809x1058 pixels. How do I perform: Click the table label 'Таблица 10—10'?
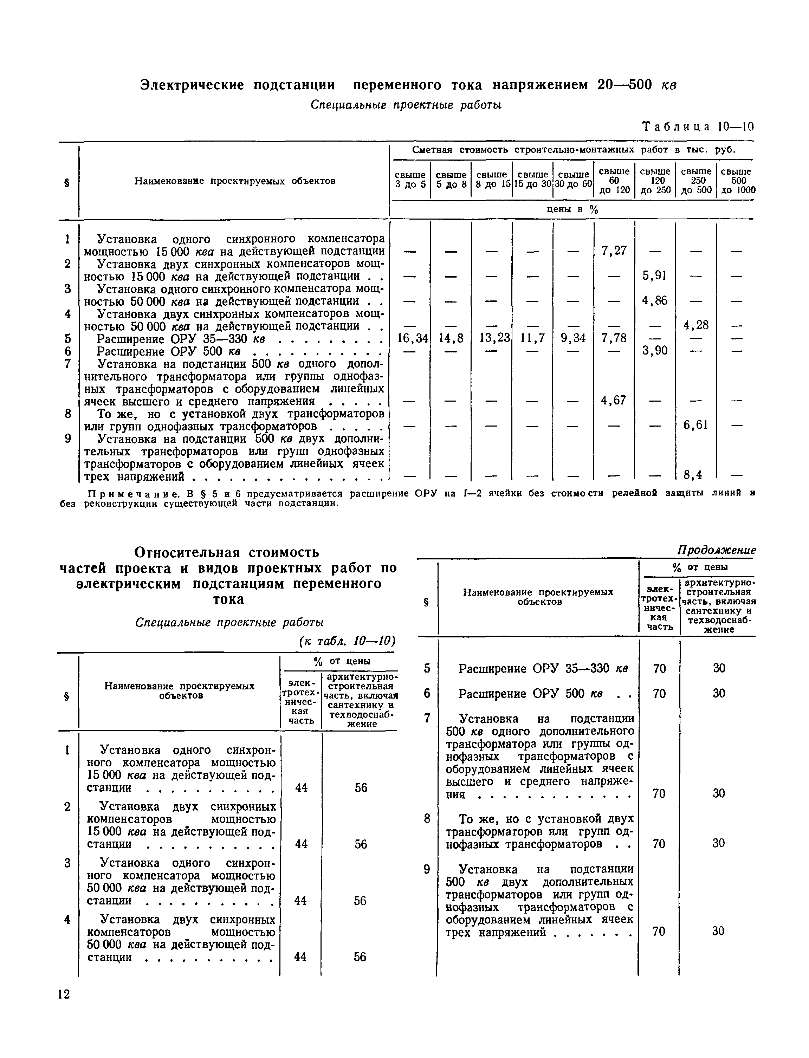pyautogui.click(x=698, y=126)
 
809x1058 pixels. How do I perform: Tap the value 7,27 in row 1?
pyautogui.click(x=614, y=250)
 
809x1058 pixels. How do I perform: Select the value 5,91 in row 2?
pyautogui.click(x=655, y=275)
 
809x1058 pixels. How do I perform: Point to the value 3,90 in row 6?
pyautogui.click(x=655, y=350)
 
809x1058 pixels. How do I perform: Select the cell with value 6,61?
pyautogui.click(x=696, y=425)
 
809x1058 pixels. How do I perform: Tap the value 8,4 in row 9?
pyautogui.click(x=693, y=475)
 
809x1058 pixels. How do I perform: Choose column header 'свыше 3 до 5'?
pyautogui.click(x=410, y=180)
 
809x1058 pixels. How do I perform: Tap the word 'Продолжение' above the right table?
pyautogui.click(x=717, y=550)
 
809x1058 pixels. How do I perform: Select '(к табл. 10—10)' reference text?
pyautogui.click(x=347, y=641)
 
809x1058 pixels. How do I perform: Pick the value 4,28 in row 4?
pyautogui.click(x=696, y=325)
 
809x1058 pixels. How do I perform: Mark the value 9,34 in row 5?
pyautogui.click(x=573, y=338)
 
